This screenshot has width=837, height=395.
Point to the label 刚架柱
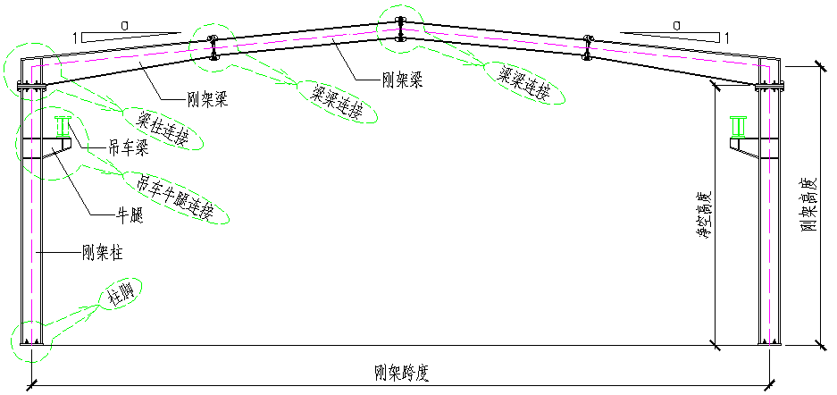102,254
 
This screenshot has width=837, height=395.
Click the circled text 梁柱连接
163,127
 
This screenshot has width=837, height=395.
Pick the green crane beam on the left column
63,128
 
